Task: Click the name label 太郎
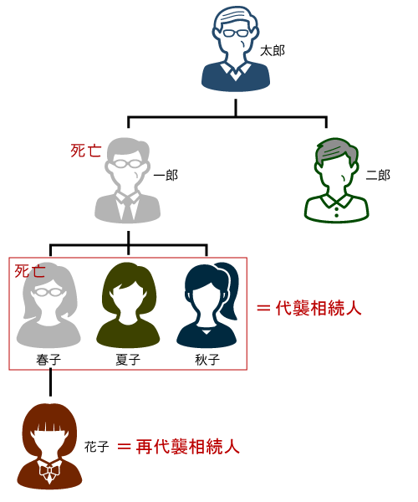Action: tap(273, 51)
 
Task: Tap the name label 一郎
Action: tap(166, 175)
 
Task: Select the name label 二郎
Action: tap(378, 175)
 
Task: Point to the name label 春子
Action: tap(48, 360)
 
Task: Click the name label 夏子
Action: tap(128, 360)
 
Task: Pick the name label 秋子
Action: tap(207, 360)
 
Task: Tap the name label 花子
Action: tap(97, 447)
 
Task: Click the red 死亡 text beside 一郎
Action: tap(86, 151)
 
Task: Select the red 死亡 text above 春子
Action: tap(30, 271)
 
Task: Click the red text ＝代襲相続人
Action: tap(309, 308)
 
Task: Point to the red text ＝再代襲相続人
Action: tap(178, 446)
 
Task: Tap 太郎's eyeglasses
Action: tap(236, 33)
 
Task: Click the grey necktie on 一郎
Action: tap(128, 208)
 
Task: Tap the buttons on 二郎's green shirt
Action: tap(336, 212)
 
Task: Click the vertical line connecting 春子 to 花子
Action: tap(50, 382)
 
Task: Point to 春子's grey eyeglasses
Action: tap(48, 292)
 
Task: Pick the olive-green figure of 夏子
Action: tap(128, 305)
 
